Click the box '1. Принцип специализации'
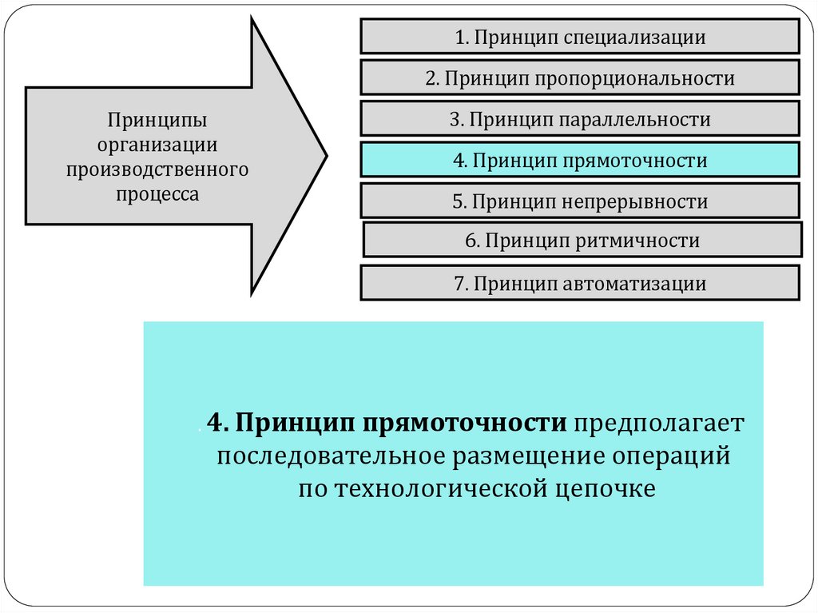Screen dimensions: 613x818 (579, 37)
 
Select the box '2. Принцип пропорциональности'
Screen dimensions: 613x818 (579, 78)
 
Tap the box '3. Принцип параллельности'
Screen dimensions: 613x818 (579, 119)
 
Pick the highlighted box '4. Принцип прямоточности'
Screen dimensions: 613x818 (579, 160)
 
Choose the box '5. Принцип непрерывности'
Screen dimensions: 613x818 (579, 201)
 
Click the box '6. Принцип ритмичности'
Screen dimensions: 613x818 (582, 240)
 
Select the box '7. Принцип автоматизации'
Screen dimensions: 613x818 (579, 283)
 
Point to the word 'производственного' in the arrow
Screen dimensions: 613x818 (158, 169)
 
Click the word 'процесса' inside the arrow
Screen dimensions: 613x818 (158, 193)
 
